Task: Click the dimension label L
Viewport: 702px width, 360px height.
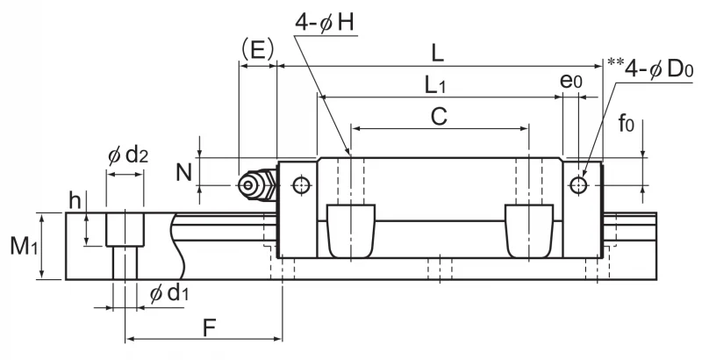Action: (x=437, y=54)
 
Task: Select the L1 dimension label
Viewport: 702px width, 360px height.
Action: (x=435, y=85)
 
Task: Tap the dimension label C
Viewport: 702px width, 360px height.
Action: (x=440, y=117)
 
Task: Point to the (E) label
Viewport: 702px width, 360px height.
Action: (x=257, y=50)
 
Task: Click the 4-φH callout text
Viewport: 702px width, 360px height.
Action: (x=325, y=22)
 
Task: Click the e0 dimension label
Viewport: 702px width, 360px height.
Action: (x=571, y=81)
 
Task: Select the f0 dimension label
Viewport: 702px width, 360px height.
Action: (x=626, y=123)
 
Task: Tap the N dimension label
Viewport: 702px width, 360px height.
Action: (x=183, y=172)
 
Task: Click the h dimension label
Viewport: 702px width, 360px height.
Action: (x=75, y=200)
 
